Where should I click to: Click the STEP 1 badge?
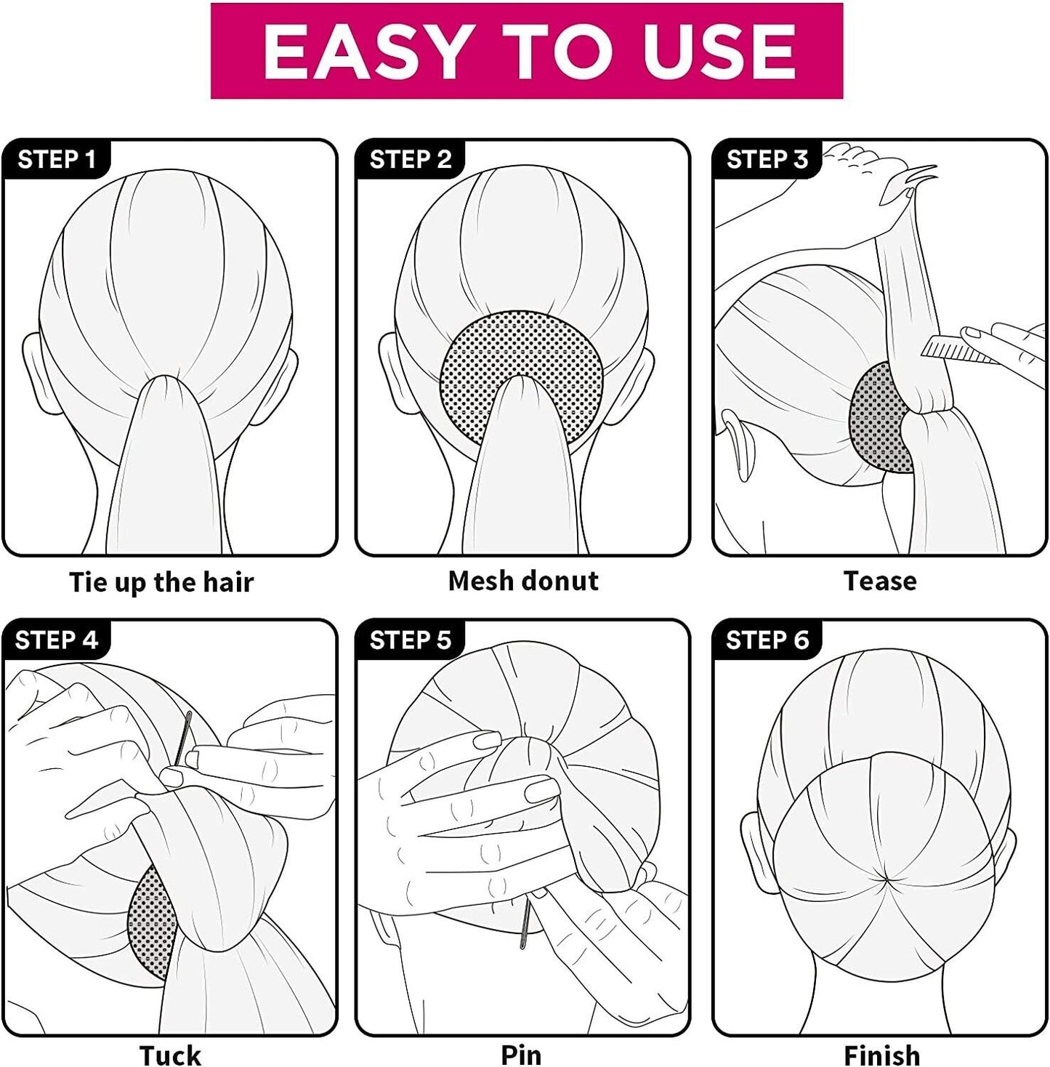pyautogui.click(x=57, y=160)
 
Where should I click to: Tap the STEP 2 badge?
pyautogui.click(x=411, y=160)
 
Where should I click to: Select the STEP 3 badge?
pyautogui.click(x=767, y=160)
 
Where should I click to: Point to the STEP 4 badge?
pyautogui.click(x=57, y=640)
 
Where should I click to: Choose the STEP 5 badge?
pyautogui.click(x=411, y=640)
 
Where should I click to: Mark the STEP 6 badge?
pyautogui.click(x=767, y=640)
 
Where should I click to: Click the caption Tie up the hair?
pyautogui.click(x=161, y=582)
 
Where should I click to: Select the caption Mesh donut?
pyautogui.click(x=523, y=581)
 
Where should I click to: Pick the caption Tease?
pyautogui.click(x=880, y=581)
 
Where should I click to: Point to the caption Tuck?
pyautogui.click(x=170, y=1055)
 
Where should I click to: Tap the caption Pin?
pyautogui.click(x=521, y=1055)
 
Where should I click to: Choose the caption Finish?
pyautogui.click(x=881, y=1055)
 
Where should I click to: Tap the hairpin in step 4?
pyautogui.click(x=183, y=738)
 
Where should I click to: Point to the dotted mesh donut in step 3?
pyautogui.click(x=879, y=419)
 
